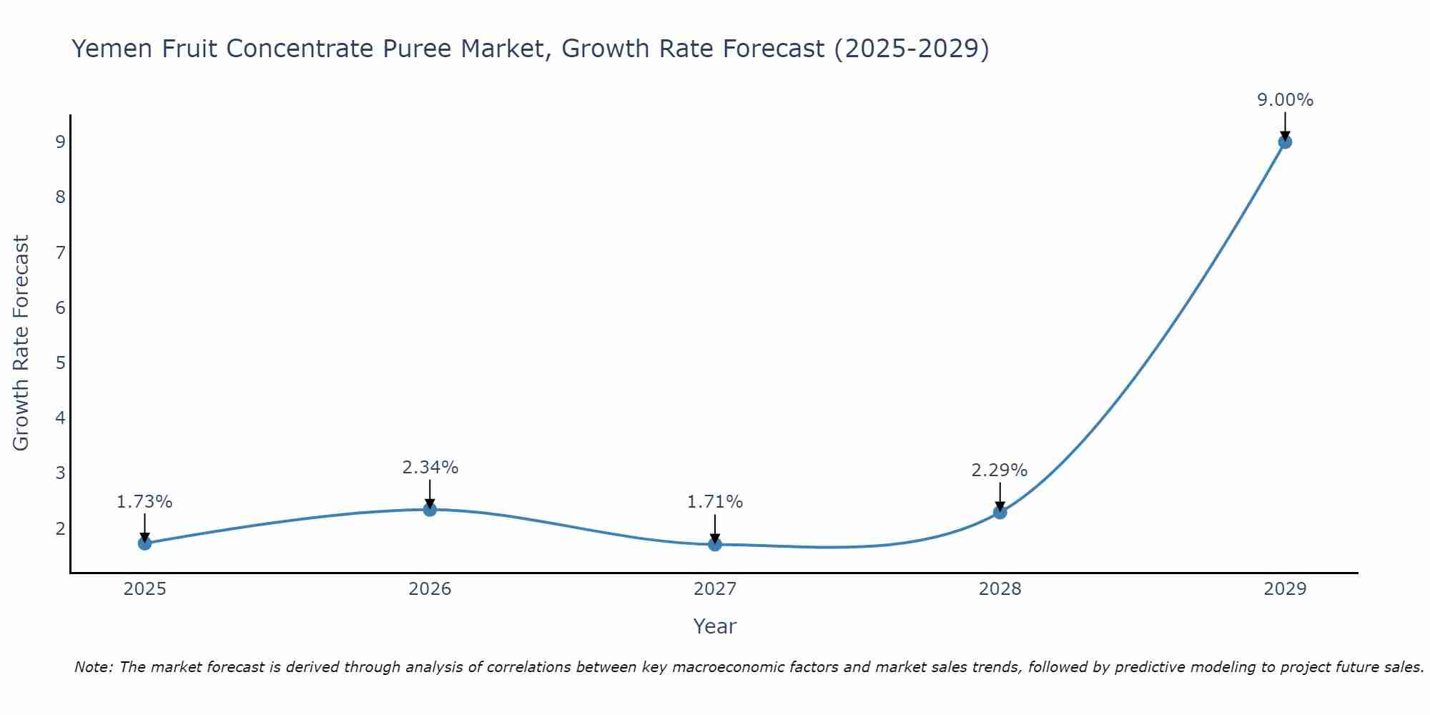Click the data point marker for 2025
tap(144, 543)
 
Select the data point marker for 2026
tap(430, 510)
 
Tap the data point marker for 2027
tap(715, 545)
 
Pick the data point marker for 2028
tap(1000, 513)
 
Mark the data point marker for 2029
tap(1285, 142)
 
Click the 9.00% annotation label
tap(1285, 100)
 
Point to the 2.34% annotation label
tap(430, 468)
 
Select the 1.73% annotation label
tap(144, 502)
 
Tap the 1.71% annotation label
tap(715, 502)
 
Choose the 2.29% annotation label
tap(1000, 470)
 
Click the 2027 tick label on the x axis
tap(715, 589)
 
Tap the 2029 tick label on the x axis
tap(1285, 589)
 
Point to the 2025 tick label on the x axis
tap(144, 589)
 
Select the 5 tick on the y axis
tap(60, 363)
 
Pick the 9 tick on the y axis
tap(60, 142)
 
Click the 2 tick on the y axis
tap(60, 528)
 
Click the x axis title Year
tap(715, 626)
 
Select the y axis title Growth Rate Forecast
tap(21, 343)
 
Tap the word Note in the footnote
tap(93, 667)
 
